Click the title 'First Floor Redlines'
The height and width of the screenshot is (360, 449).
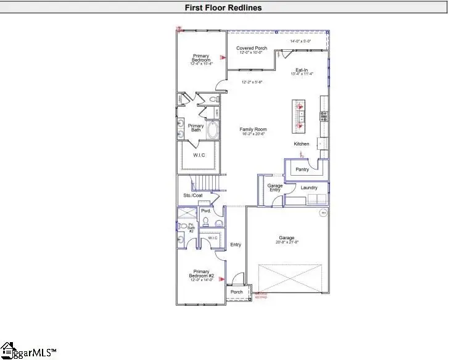[x=224, y=7]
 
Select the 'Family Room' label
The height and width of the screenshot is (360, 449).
[x=253, y=129]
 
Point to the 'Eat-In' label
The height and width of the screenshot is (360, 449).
[x=301, y=70]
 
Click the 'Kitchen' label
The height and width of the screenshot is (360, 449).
[x=301, y=144]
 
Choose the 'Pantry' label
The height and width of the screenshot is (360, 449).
[x=302, y=169]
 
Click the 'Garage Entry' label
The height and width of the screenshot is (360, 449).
[x=274, y=187]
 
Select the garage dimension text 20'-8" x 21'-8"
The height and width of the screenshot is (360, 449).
[x=286, y=243]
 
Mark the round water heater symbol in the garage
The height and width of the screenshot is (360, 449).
[x=323, y=213]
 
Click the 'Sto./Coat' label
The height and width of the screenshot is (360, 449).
[x=192, y=195]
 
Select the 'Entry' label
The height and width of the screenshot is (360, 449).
[x=236, y=245]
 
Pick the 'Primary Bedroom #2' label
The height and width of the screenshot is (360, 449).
[x=200, y=274]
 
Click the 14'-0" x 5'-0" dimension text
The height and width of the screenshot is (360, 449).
[x=301, y=41]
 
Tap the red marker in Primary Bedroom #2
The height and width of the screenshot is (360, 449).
[x=221, y=279]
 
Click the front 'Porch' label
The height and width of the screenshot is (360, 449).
[x=236, y=292]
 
